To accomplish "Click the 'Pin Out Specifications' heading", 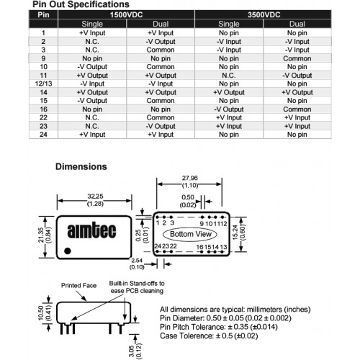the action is point(81,4).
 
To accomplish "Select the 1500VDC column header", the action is point(126,14).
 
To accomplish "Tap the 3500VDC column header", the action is point(264,14).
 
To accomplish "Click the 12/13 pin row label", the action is point(43,84).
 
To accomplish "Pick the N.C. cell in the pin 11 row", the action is point(229,76).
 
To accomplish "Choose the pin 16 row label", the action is point(43,109).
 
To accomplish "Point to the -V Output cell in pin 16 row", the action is point(229,109).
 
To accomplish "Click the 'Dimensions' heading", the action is point(81,166).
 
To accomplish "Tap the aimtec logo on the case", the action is point(91,230).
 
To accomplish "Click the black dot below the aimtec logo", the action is point(68,251).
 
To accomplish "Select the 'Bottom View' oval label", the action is point(190,234).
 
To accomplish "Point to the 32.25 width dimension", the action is point(95,200).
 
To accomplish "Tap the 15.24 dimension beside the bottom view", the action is point(238,233).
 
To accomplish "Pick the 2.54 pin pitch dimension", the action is point(137,264).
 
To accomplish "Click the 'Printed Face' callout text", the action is point(78,286).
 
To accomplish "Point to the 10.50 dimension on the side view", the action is point(45,312).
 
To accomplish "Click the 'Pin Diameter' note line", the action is point(225,318).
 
